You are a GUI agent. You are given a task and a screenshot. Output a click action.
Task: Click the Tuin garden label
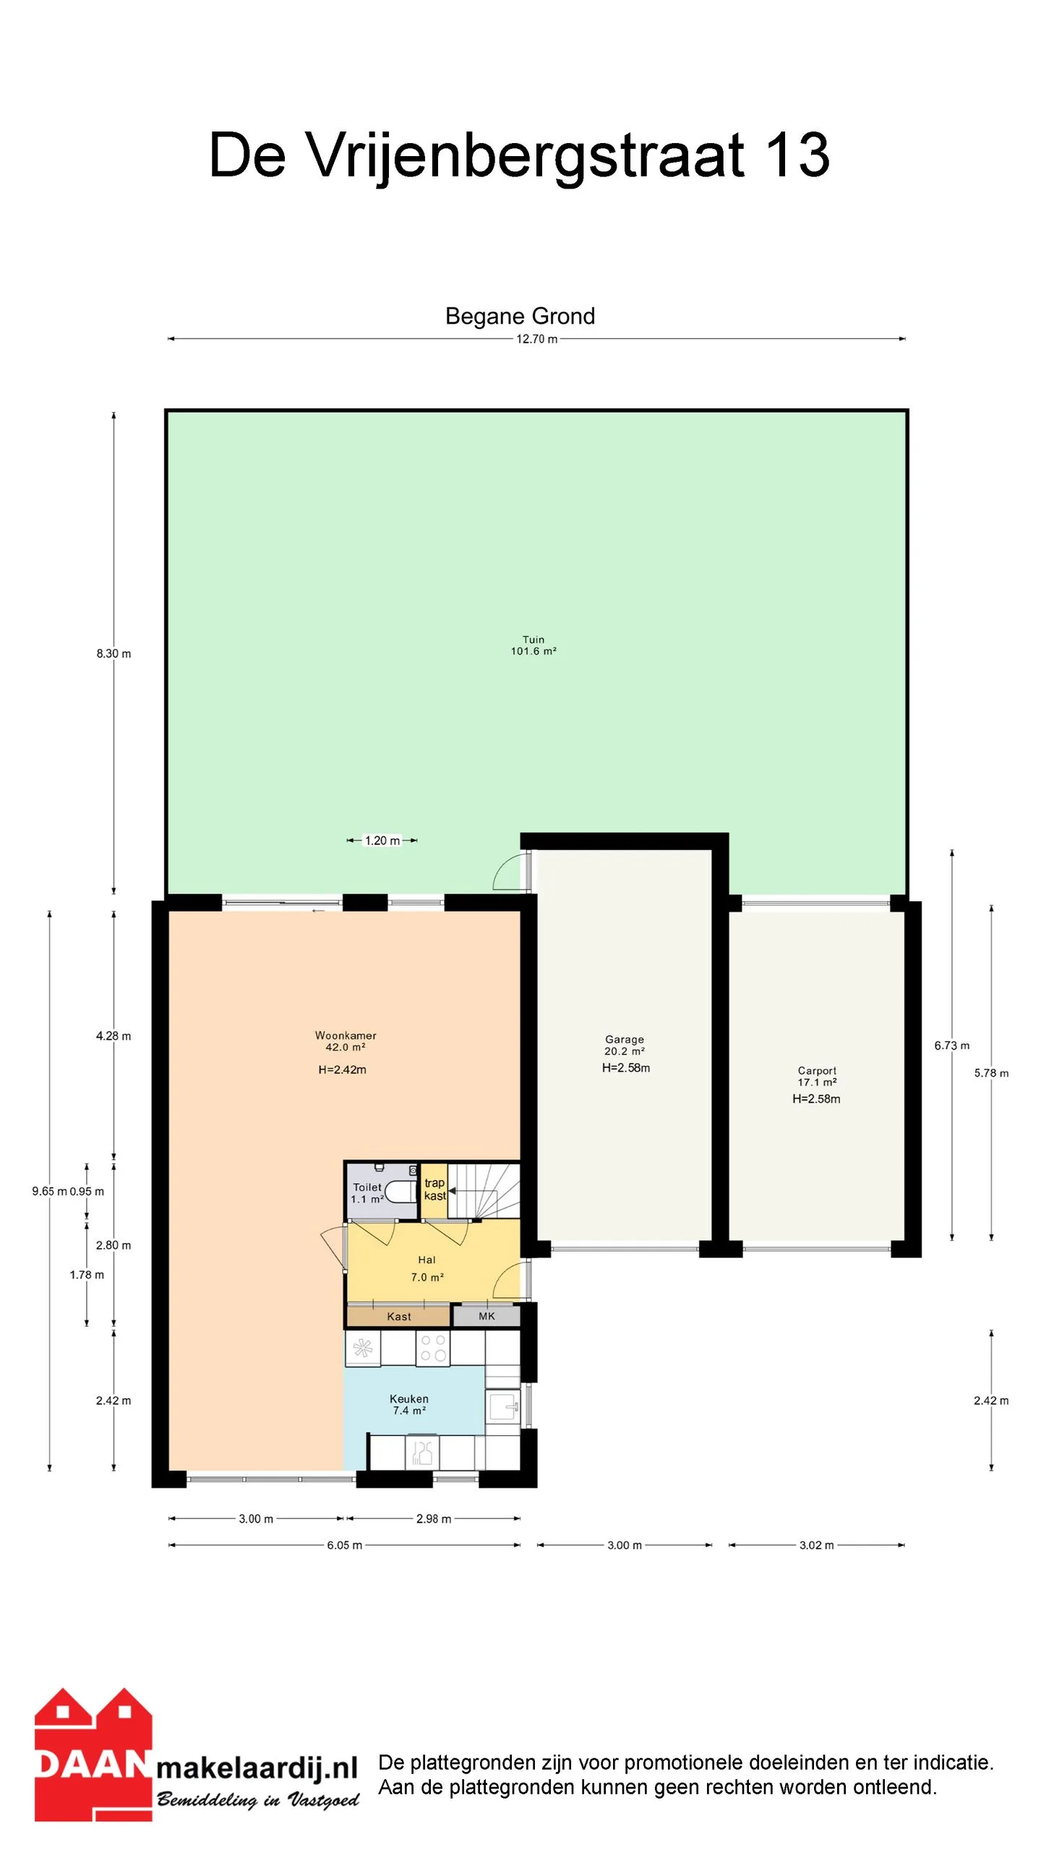pos(533,640)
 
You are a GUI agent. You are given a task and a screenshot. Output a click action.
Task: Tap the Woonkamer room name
pos(346,1036)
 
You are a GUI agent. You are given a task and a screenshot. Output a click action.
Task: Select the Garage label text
pos(625,1039)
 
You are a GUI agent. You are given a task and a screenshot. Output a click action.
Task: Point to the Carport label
pos(817,1070)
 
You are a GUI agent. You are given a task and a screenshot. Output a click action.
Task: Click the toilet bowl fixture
pos(398,1190)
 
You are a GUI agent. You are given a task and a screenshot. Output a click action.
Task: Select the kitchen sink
pos(503,1406)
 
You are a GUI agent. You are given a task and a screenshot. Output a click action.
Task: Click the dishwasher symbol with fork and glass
pos(422,1452)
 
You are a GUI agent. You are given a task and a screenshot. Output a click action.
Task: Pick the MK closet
pos(487,1316)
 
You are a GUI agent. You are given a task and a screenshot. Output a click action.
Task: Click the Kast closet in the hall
pos(398,1316)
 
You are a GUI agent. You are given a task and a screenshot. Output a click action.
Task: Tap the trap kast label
pos(434,1189)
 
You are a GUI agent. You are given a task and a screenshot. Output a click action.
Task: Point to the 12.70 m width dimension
pos(536,339)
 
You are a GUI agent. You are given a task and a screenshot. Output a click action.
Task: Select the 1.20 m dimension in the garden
pos(382,840)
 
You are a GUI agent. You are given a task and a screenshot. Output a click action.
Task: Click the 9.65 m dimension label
pos(49,1191)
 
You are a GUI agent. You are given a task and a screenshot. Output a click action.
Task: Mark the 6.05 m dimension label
pos(344,1545)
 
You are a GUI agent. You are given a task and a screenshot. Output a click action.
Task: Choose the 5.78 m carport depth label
pos(991,1073)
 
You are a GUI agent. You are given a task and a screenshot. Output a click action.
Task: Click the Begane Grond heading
pos(520,317)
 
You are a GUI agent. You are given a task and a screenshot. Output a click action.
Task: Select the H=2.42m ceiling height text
pos(342,1070)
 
